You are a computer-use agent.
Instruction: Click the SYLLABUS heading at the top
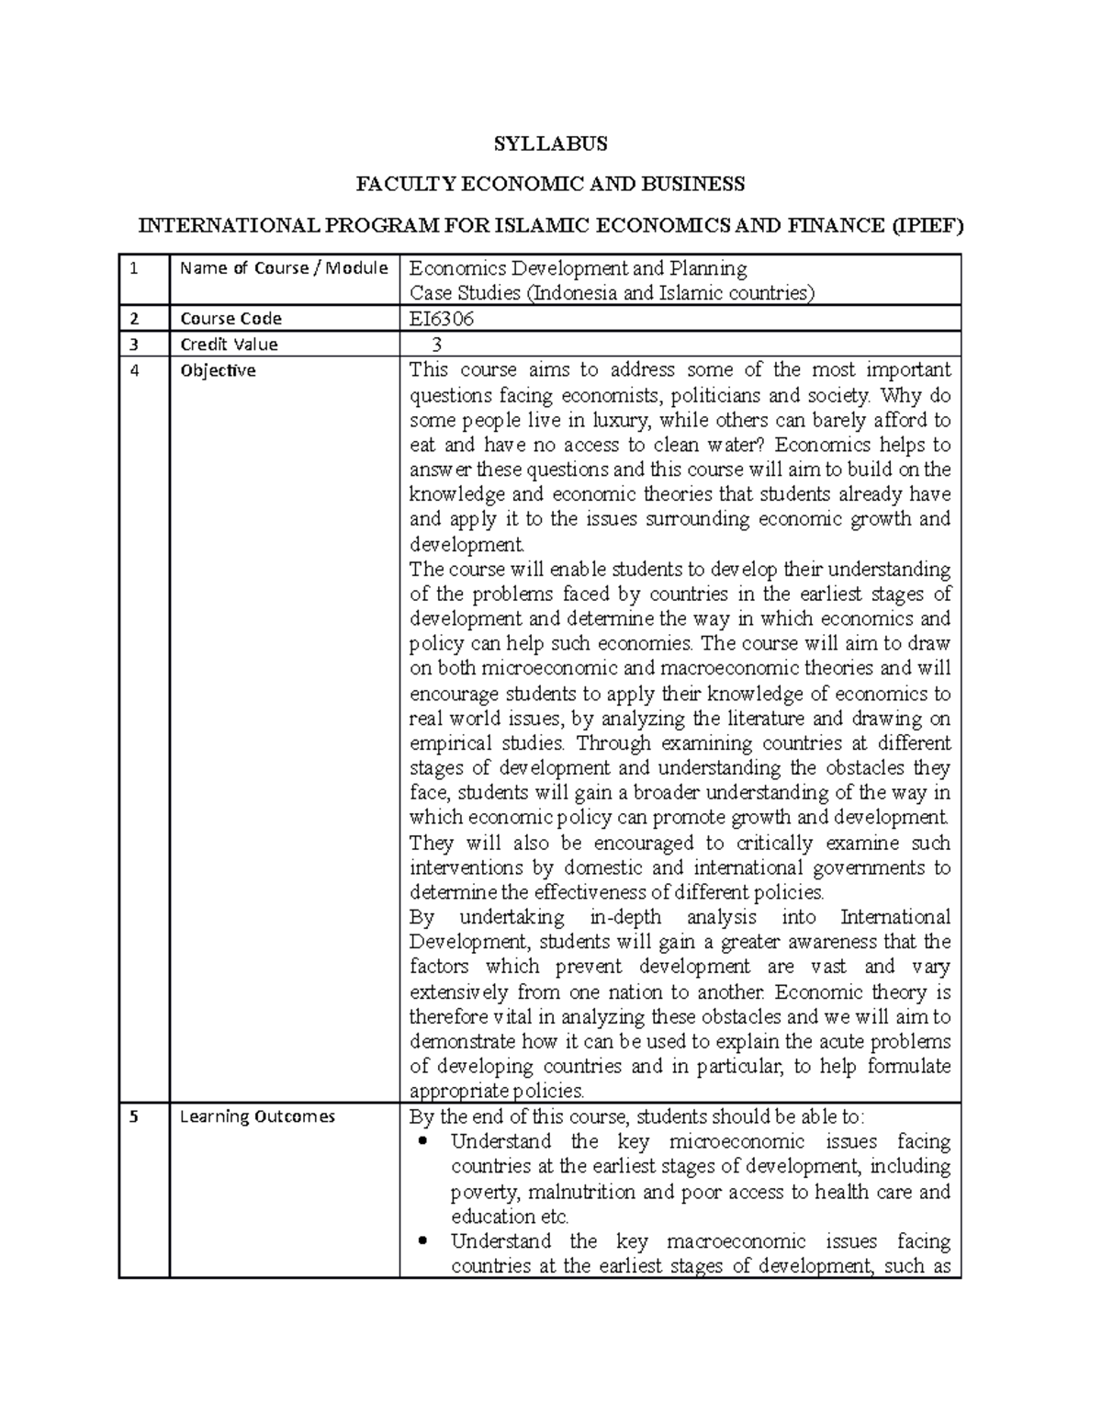pyautogui.click(x=550, y=143)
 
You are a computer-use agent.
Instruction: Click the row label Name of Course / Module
pyautogui.click(x=284, y=268)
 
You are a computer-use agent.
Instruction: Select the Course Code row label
pyautogui.click(x=231, y=319)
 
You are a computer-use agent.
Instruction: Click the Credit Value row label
pyautogui.click(x=229, y=345)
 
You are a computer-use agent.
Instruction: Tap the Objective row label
pyautogui.click(x=218, y=371)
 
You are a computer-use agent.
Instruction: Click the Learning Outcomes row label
pyautogui.click(x=257, y=1116)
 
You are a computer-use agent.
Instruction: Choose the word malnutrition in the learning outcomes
pyautogui.click(x=580, y=1192)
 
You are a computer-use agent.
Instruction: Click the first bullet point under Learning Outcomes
pyautogui.click(x=422, y=1142)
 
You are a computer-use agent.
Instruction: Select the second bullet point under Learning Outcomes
pyautogui.click(x=422, y=1241)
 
